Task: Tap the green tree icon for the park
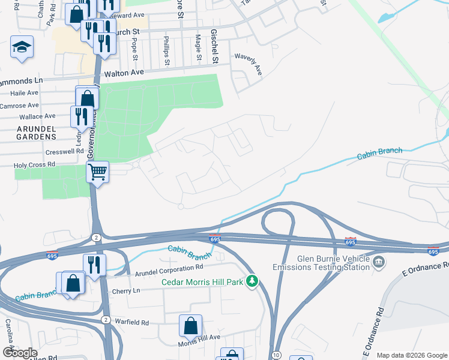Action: click(x=253, y=281)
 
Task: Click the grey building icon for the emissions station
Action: click(x=379, y=262)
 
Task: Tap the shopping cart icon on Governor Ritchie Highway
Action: click(x=97, y=172)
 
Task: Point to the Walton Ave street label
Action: click(x=124, y=73)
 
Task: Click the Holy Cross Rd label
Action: click(x=35, y=164)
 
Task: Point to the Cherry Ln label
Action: click(x=125, y=291)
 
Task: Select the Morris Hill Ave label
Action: click(x=199, y=344)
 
